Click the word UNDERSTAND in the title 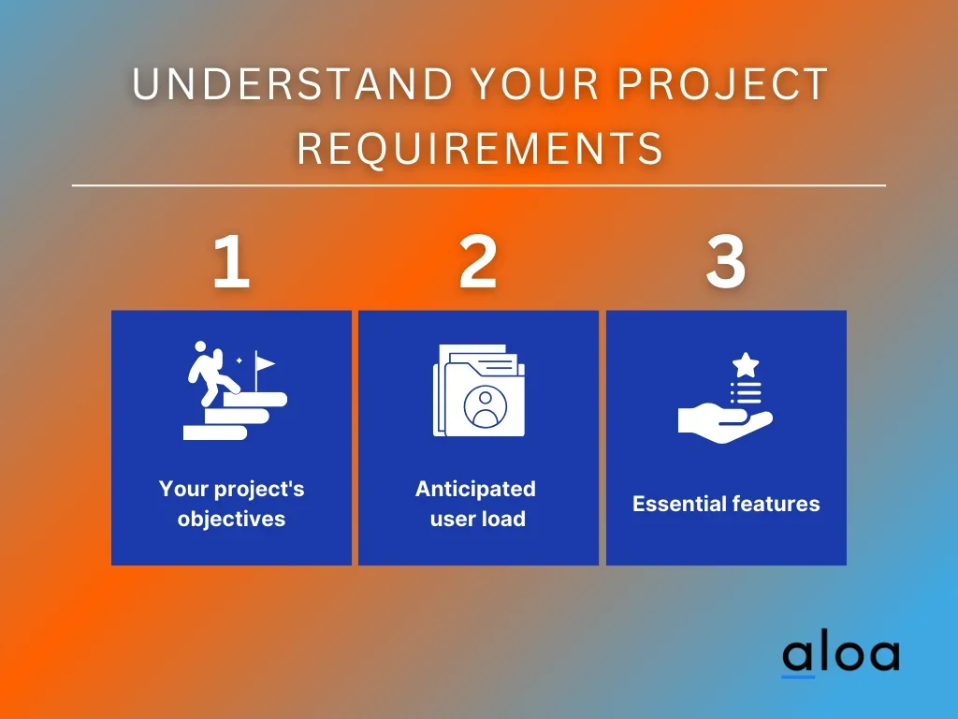293,83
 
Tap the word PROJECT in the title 722,83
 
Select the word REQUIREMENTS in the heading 480,148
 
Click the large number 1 231,262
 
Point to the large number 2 478,262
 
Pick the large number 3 726,262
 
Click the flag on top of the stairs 264,364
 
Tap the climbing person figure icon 211,374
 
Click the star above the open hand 746,366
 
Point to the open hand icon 725,422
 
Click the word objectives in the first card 232,519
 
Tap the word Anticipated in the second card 475,489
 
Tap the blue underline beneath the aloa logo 798,676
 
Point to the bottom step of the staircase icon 215,433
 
